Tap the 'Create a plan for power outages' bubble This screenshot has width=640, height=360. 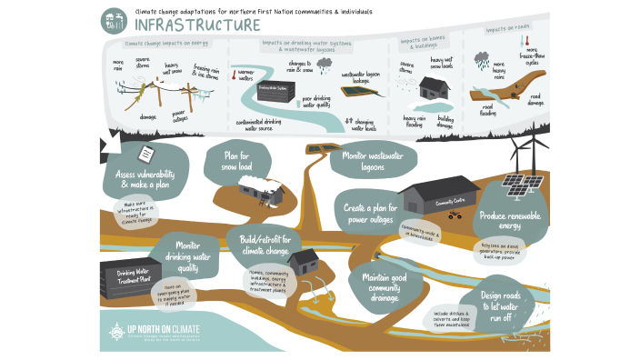click(x=368, y=214)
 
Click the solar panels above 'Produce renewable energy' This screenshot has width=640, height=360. click(x=520, y=185)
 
